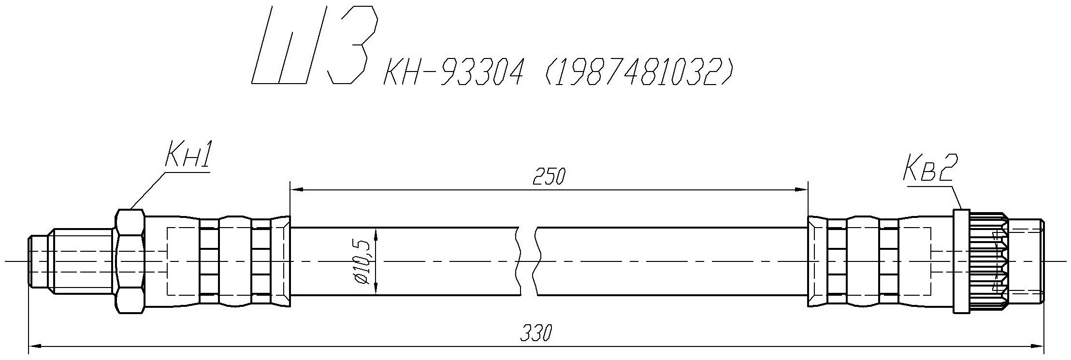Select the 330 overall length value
pyautogui.click(x=536, y=333)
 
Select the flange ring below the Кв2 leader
pyautogui.click(x=961, y=261)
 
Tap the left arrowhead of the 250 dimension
pyautogui.click(x=296, y=190)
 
